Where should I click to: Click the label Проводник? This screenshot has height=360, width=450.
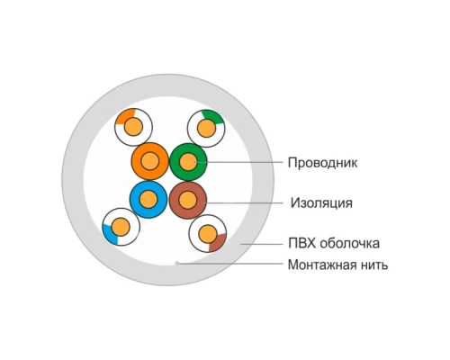(322, 163)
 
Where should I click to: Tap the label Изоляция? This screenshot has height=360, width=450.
(321, 203)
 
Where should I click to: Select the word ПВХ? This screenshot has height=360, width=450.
(302, 243)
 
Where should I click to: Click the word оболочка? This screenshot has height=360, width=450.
(350, 243)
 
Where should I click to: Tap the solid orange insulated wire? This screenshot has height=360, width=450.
(149, 161)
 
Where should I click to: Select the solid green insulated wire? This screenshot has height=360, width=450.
(188, 162)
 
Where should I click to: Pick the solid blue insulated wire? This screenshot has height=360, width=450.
(148, 200)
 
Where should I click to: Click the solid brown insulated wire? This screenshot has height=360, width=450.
(188, 200)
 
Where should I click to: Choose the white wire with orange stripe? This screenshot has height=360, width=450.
(133, 127)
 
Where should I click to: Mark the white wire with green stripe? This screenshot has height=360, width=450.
(206, 129)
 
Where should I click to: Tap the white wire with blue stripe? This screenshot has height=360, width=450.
(121, 227)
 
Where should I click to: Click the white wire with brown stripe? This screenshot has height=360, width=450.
(208, 234)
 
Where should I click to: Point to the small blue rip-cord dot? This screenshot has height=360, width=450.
(177, 263)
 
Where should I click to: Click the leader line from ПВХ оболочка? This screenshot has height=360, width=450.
(262, 244)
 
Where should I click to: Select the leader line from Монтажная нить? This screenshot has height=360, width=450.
(230, 264)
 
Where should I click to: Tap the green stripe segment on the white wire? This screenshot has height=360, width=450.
(213, 116)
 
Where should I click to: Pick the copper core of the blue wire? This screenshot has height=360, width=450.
(148, 200)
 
